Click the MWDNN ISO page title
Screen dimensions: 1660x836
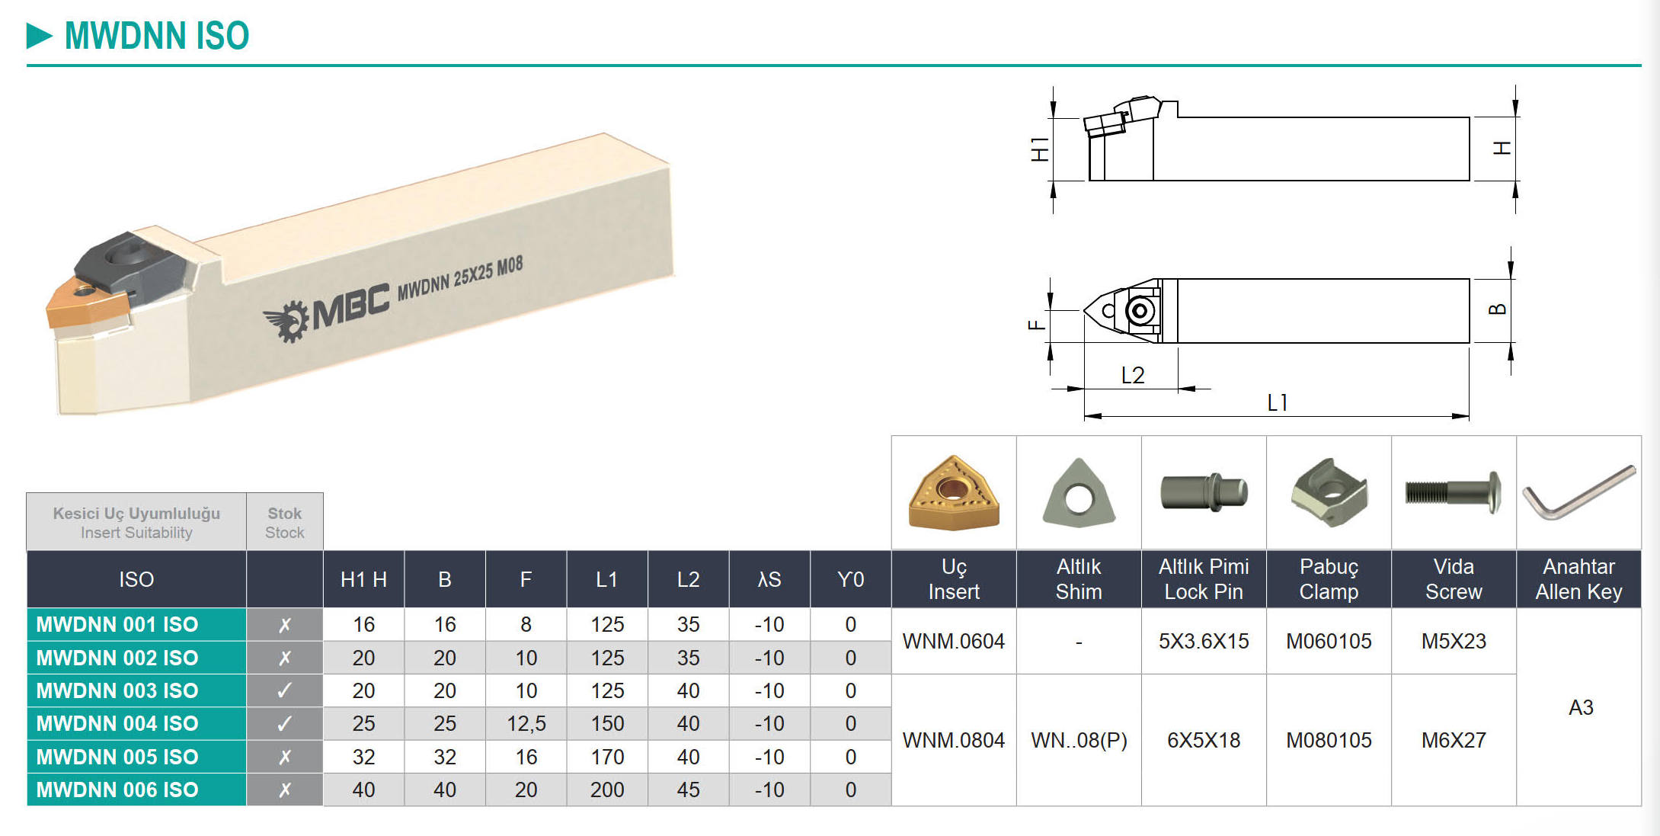156,36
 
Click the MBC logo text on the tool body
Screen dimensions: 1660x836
350,304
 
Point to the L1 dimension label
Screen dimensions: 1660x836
1277,402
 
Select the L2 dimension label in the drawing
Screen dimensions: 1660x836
1132,375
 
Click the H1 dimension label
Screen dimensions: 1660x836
1039,149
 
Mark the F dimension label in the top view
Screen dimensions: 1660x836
1036,325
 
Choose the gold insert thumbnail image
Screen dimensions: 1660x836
954,492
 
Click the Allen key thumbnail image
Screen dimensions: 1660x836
1578,492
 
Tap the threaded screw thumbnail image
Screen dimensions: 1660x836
1453,492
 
